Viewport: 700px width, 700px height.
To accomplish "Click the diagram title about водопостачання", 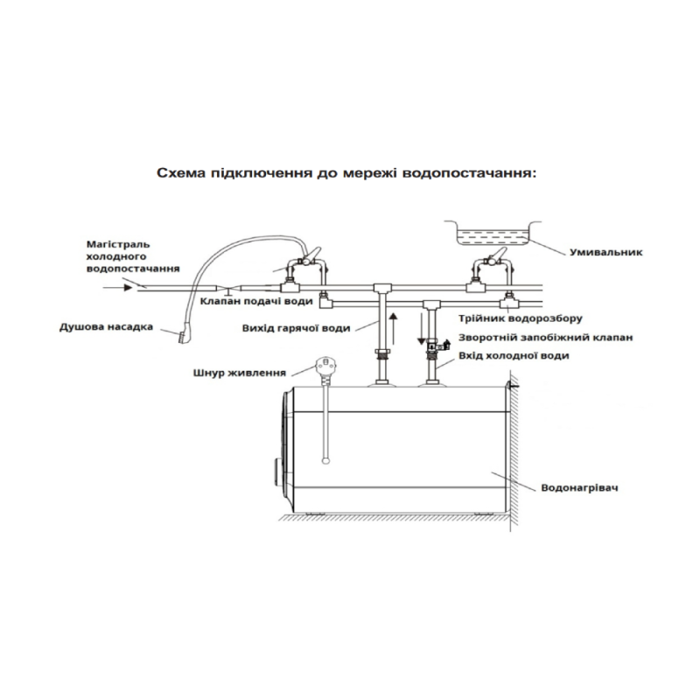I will tap(345, 174).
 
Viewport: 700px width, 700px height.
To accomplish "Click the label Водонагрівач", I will tap(579, 486).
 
